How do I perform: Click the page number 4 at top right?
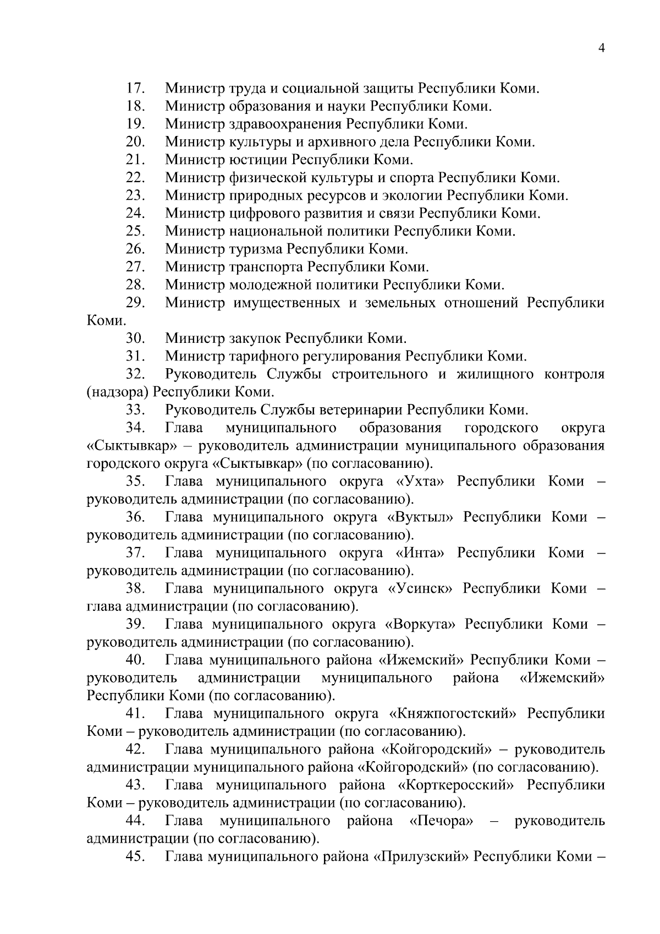pyautogui.click(x=601, y=48)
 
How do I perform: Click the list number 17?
pyautogui.click(x=135, y=88)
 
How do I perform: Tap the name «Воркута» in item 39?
pyautogui.click(x=421, y=625)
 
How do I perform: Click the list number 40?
pyautogui.click(x=135, y=660)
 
